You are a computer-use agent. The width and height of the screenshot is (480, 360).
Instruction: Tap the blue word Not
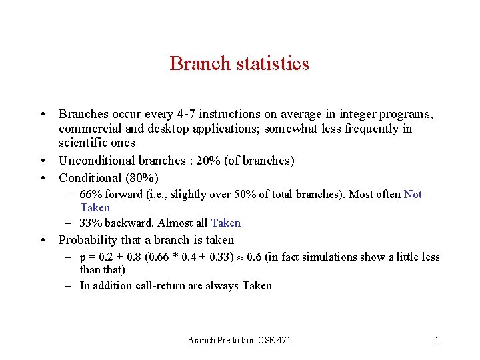point(413,195)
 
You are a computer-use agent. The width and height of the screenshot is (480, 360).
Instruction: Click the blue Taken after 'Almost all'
point(225,223)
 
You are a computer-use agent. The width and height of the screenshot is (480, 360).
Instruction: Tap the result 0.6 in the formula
point(254,257)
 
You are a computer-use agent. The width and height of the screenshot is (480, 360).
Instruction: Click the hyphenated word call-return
point(152,285)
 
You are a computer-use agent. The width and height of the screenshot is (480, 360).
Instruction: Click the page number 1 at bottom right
point(437,340)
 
